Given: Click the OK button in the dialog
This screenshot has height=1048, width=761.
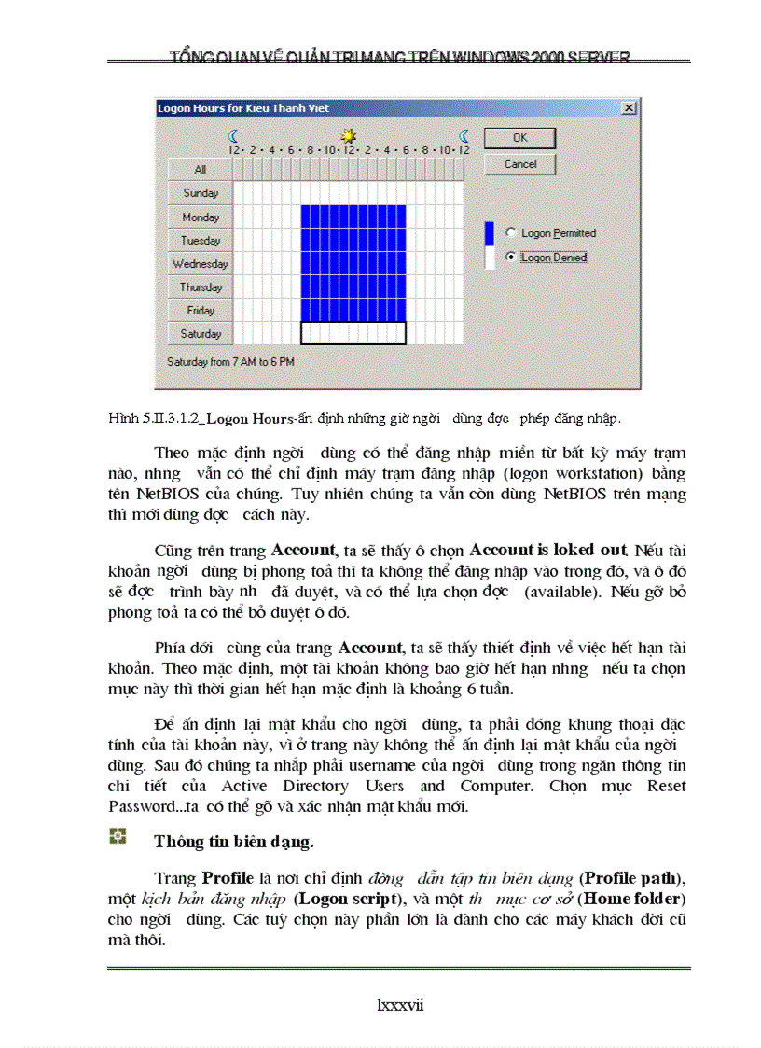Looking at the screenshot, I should point(519,138).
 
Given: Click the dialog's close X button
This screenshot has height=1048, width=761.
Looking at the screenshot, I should point(630,108).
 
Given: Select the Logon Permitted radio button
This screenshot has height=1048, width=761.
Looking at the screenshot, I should point(510,232).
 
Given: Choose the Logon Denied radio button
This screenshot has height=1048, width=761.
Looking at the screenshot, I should point(510,257).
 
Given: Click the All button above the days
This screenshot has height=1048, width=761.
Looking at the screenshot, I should point(201,169).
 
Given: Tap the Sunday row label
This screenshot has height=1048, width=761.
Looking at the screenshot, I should point(201,193).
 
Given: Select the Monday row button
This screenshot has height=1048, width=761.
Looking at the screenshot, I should point(201,217).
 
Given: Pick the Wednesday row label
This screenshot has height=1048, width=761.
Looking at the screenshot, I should point(201,264).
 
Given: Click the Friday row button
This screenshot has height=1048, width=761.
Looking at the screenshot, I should point(201,311).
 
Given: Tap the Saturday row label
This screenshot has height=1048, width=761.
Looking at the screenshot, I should point(201,334).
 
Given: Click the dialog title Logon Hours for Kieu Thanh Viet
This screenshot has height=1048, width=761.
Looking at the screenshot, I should point(243,108).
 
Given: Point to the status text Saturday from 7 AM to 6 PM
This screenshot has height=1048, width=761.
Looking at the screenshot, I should point(230,361).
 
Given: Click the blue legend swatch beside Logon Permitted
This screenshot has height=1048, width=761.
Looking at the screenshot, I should point(490,232).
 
